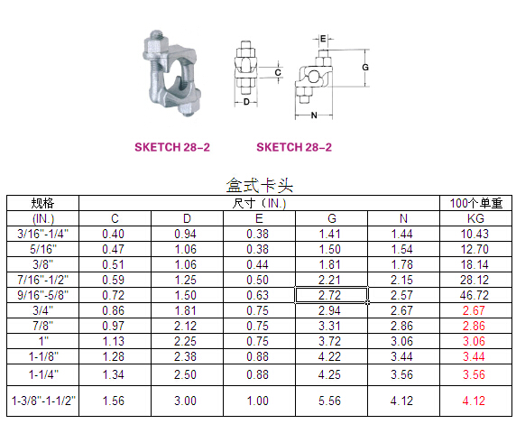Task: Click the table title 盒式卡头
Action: [259, 185]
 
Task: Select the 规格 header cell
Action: [42, 203]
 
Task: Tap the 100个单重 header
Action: [475, 203]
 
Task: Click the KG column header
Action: [475, 218]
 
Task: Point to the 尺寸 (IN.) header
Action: [259, 203]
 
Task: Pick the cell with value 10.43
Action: [475, 234]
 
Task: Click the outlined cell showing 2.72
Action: [331, 295]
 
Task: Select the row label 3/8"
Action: [43, 264]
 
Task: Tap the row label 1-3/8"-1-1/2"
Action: [43, 401]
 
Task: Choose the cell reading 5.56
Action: [330, 401]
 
